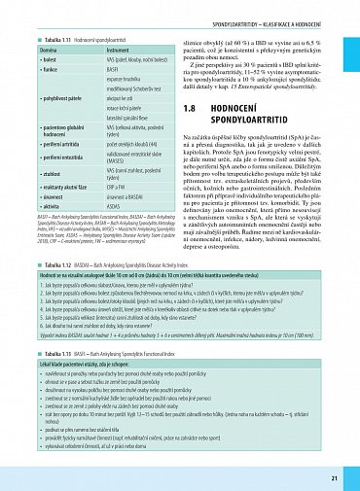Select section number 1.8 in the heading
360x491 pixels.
point(193,108)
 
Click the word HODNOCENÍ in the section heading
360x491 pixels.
point(245,108)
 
